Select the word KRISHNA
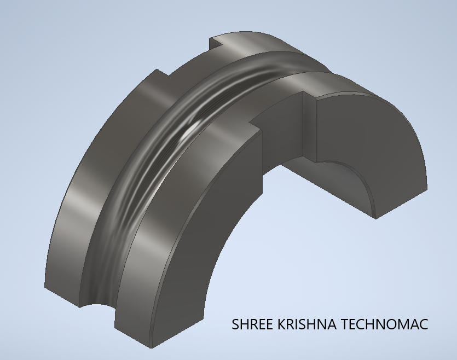[x=306, y=324]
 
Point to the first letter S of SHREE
[x=235, y=324]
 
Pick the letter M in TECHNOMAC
[x=402, y=324]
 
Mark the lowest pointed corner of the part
[x=151, y=348]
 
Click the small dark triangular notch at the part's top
[x=216, y=43]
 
